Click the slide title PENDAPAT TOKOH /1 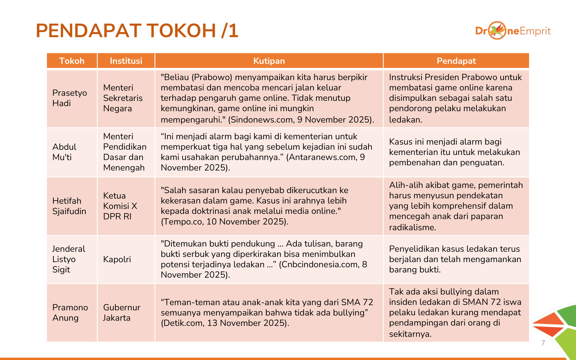coord(137,31)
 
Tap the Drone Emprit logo coord(513,31)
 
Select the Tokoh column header coord(72,61)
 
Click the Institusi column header coord(126,61)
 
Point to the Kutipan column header coord(269,61)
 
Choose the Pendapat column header coord(456,61)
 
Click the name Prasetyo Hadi coord(69,98)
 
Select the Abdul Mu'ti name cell coord(64,152)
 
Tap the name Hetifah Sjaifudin coord(69,206)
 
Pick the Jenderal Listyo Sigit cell coord(69,259)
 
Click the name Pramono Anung coord(70,312)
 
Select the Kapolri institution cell coord(117,259)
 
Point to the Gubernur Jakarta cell coord(122,312)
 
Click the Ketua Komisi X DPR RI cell coord(120,206)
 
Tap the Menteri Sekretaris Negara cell coord(123,98)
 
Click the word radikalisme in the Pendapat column coord(412,228)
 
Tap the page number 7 coord(543,343)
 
